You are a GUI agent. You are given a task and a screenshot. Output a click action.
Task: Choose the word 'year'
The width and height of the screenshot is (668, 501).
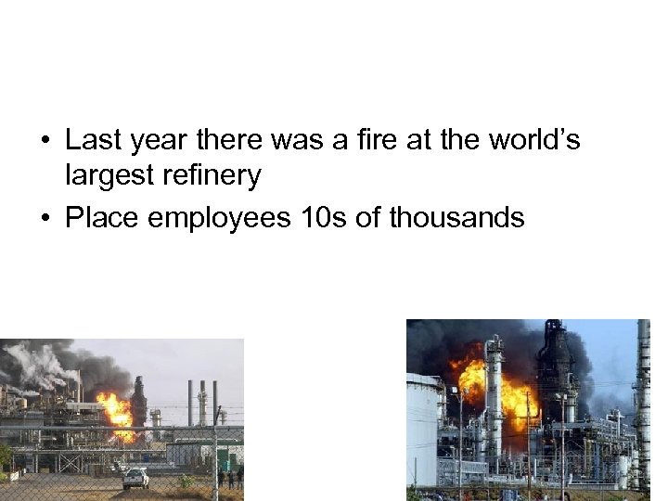pyautogui.click(x=163, y=141)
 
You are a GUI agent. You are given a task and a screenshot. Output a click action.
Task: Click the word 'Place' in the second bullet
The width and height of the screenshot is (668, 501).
pyautogui.click(x=102, y=219)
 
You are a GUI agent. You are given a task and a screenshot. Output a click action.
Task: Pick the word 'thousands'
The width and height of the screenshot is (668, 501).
pyautogui.click(x=457, y=219)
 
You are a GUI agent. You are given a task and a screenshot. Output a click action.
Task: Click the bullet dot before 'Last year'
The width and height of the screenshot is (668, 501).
pyautogui.click(x=45, y=142)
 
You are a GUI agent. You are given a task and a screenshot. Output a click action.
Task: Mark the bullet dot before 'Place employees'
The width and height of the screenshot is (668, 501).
pyautogui.click(x=45, y=220)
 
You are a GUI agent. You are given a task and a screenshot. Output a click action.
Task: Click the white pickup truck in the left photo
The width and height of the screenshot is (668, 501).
pyautogui.click(x=135, y=478)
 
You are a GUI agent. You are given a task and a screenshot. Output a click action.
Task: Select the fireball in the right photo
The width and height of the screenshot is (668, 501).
pyautogui.click(x=501, y=390)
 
